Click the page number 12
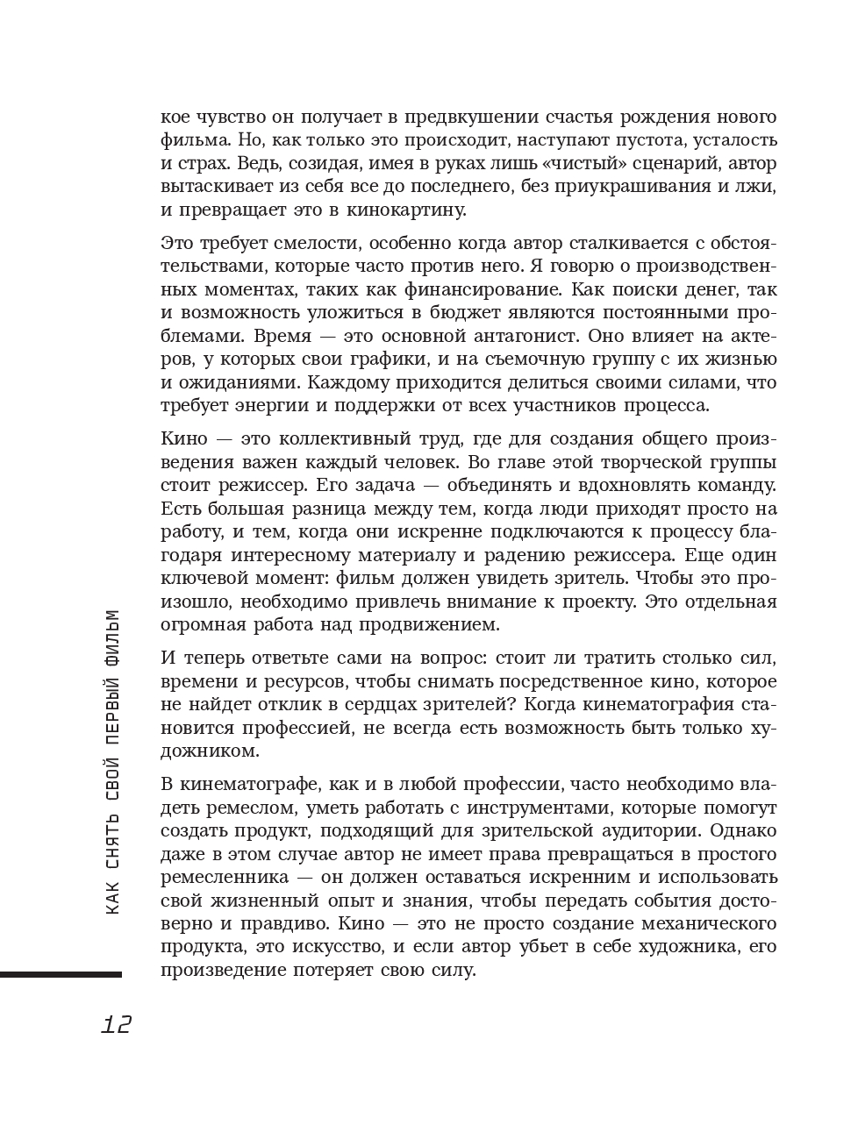click(117, 1024)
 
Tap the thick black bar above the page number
click(61, 974)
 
